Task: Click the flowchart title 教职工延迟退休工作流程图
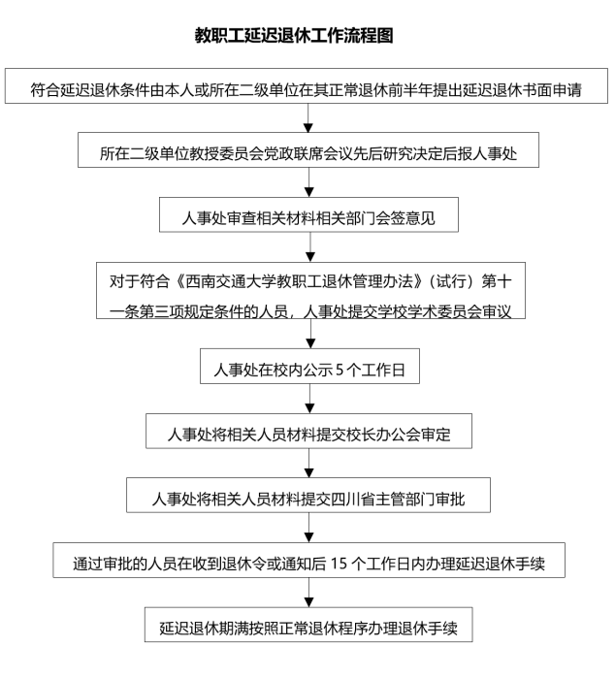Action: [x=307, y=36]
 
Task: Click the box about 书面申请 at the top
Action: [x=308, y=90]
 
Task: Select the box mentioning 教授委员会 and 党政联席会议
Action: [x=308, y=151]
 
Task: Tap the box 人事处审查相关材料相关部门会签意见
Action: [x=308, y=216]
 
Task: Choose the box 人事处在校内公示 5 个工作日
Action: [x=308, y=371]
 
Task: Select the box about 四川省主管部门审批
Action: [x=308, y=498]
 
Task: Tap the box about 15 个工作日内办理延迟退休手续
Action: [x=308, y=562]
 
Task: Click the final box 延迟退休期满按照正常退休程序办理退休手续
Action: [x=308, y=626]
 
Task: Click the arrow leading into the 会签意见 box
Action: [x=308, y=184]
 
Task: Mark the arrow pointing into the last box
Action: [x=308, y=594]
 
